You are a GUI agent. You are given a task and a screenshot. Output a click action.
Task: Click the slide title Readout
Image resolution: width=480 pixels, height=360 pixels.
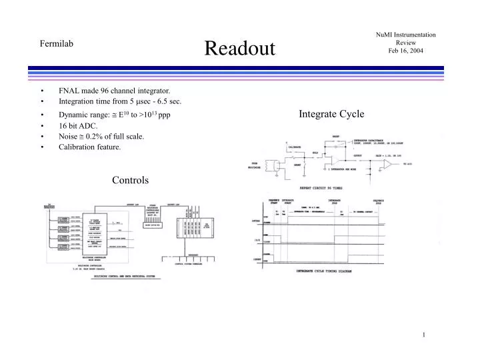[239, 47]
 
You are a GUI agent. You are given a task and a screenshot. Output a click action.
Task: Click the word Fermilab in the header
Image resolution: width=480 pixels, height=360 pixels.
[56, 44]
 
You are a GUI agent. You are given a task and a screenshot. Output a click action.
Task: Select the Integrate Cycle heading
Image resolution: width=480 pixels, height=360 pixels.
[331, 114]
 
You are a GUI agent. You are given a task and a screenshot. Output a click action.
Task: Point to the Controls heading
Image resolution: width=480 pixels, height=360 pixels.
[130, 180]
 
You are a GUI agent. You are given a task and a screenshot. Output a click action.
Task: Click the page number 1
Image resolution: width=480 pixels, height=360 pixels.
[423, 335]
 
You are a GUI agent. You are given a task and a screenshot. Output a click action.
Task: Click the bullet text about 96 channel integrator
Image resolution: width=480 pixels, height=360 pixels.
[114, 90]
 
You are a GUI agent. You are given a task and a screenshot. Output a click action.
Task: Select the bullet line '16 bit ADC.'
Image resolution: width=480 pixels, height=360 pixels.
[78, 125]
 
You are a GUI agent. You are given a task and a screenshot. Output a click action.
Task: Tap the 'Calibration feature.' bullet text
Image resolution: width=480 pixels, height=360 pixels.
[90, 147]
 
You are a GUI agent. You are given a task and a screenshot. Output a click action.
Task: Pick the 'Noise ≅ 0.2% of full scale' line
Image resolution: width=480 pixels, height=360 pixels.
[101, 136]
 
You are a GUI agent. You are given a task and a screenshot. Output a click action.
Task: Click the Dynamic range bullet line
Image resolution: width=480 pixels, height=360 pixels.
[114, 113]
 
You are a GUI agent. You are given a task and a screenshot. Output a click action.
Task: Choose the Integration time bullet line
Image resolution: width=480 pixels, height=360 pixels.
[120, 101]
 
